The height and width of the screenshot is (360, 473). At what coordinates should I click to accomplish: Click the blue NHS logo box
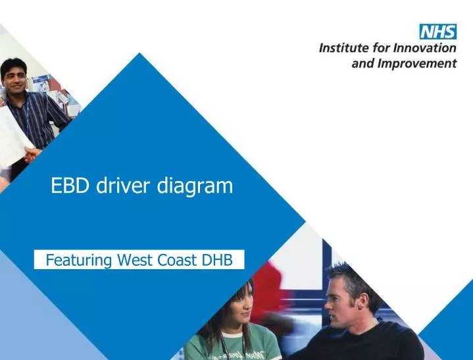tap(437, 32)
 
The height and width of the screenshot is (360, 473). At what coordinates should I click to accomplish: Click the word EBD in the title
tap(72, 186)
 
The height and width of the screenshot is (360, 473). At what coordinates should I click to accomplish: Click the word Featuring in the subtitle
tap(80, 261)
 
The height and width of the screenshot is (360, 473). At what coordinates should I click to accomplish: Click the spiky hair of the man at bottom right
tap(349, 276)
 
